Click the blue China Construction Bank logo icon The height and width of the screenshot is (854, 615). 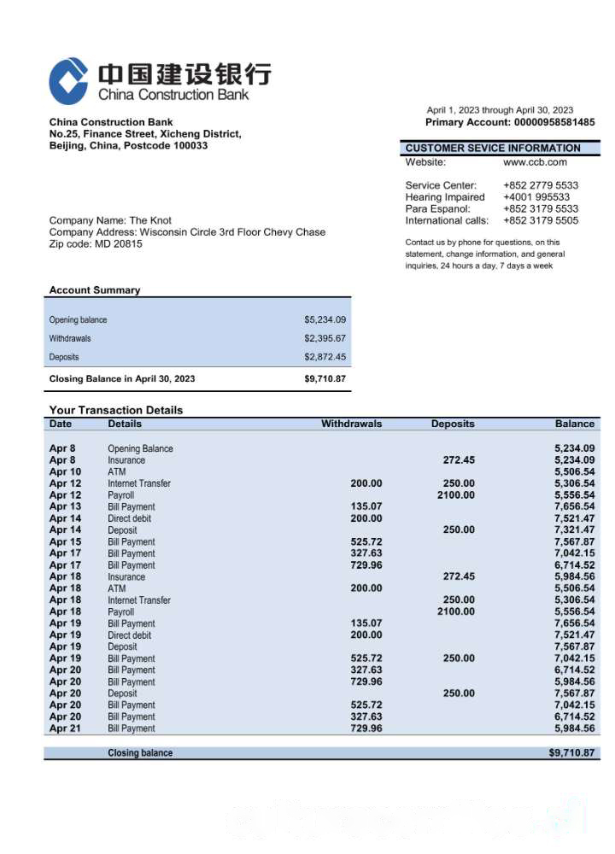tap(68, 81)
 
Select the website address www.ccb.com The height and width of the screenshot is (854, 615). tap(535, 161)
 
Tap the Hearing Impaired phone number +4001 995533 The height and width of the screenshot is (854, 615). tap(536, 197)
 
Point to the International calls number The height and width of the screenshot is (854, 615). tap(541, 220)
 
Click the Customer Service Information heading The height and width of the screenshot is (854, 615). tap(493, 148)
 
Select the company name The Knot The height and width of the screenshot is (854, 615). tap(150, 220)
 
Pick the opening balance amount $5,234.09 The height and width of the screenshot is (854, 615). tap(325, 320)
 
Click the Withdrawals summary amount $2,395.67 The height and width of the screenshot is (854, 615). tap(325, 338)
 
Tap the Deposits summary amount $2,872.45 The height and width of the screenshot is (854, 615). tap(325, 357)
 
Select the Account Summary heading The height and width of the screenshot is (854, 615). tap(95, 290)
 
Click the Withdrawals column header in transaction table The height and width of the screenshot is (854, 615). tap(351, 424)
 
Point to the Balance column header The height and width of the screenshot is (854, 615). tap(574, 424)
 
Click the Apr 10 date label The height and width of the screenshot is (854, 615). tap(65, 471)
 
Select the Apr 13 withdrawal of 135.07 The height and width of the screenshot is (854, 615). tap(366, 506)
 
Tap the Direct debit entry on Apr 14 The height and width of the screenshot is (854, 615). tap(129, 518)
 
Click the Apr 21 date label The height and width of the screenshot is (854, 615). tap(65, 728)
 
